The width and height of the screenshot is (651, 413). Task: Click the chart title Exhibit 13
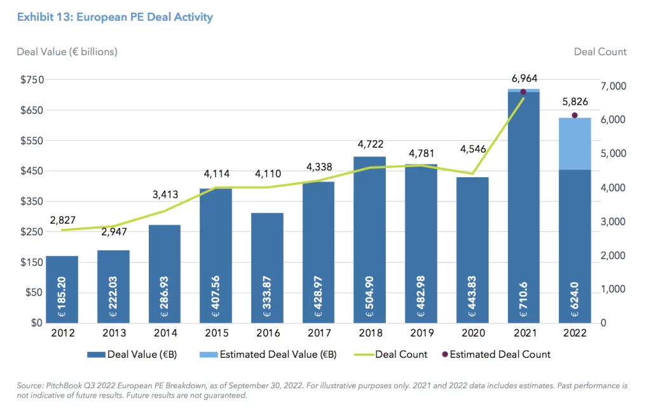tap(115, 17)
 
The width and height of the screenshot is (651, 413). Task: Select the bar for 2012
tap(62, 289)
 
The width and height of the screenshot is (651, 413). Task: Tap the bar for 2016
tap(267, 267)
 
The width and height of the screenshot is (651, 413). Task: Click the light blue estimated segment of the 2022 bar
tap(575, 144)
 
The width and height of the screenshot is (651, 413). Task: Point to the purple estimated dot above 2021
tap(523, 92)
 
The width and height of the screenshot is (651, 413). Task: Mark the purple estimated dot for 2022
tap(575, 115)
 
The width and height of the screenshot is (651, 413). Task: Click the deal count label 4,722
tap(369, 144)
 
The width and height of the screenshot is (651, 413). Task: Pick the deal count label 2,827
tap(62, 219)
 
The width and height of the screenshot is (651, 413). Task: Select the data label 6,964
tap(524, 78)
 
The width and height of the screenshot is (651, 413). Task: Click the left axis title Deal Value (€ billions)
tap(67, 51)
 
